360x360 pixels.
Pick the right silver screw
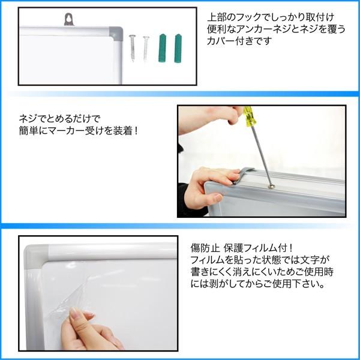[146, 48]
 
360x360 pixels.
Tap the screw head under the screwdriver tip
[272, 187]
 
